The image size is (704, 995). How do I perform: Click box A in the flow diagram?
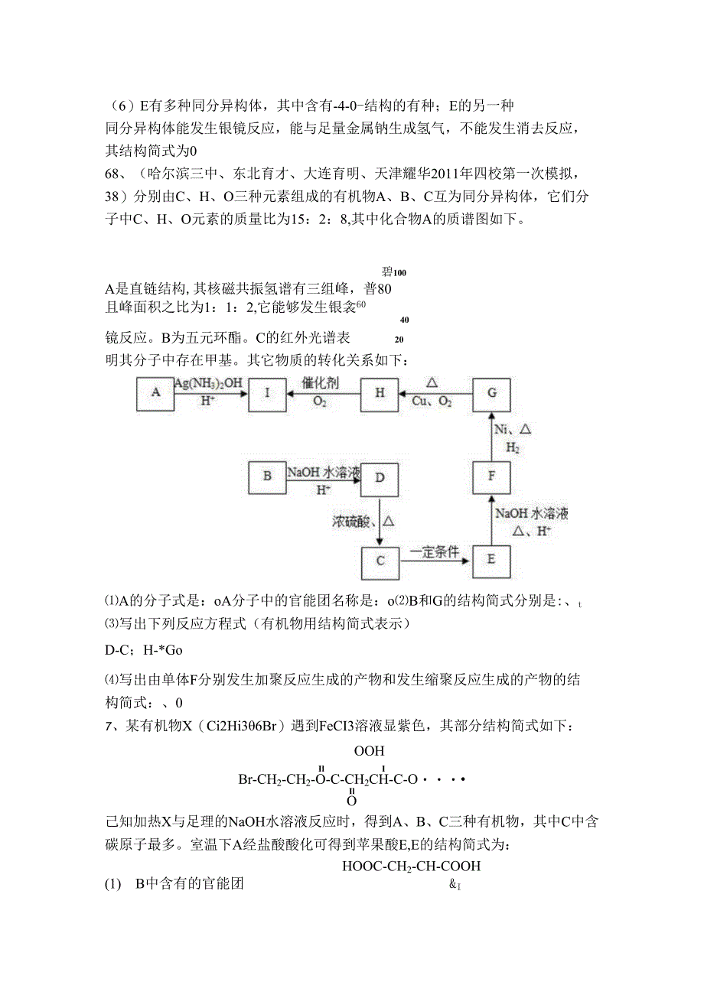point(156,393)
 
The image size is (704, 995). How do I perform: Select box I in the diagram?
point(267,393)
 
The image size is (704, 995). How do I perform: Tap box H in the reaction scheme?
point(380,393)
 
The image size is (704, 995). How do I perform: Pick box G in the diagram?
point(492,393)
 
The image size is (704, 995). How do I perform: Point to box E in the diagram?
point(492,559)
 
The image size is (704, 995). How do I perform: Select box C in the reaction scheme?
point(380,561)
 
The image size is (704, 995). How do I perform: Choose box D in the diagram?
point(380,476)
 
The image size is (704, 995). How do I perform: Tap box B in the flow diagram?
point(267,476)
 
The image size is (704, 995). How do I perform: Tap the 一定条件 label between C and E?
point(435,551)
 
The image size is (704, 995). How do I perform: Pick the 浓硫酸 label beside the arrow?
point(352,522)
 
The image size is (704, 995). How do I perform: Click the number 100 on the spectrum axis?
point(400,272)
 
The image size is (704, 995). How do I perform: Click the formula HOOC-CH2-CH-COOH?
point(412,867)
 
